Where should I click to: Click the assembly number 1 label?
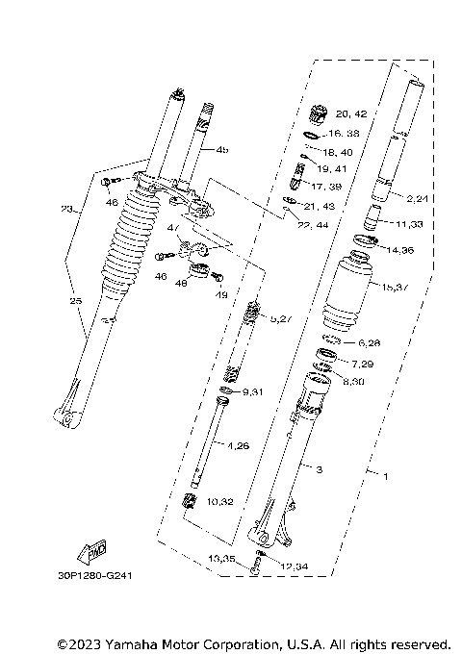point(386,476)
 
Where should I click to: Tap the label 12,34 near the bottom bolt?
point(296,566)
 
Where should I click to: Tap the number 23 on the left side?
point(66,209)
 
